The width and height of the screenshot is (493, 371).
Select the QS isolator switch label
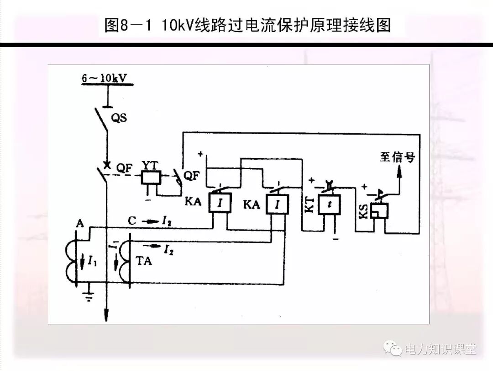[119, 118]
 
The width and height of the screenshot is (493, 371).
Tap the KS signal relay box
[378, 211]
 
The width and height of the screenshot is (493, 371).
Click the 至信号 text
[397, 157]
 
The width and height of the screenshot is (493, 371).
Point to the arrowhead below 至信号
[400, 171]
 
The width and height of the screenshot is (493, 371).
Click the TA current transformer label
[144, 262]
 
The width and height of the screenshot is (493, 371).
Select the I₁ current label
[92, 262]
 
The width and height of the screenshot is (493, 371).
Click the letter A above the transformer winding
[80, 223]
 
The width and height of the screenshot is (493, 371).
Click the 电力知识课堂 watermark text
[441, 350]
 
